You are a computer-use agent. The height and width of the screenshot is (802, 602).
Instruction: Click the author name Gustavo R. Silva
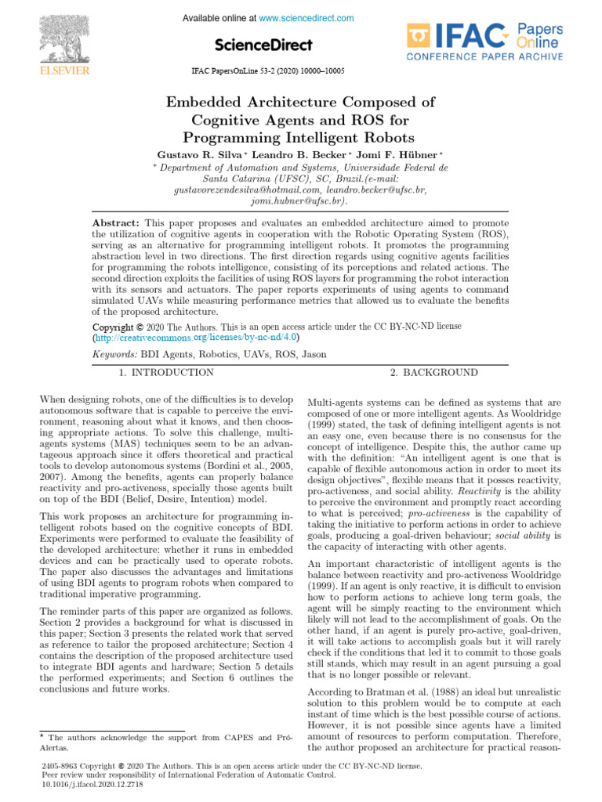coord(199,154)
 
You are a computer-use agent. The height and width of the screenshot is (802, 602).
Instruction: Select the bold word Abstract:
coord(116,224)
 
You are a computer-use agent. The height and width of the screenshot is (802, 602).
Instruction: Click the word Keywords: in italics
coord(114,355)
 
